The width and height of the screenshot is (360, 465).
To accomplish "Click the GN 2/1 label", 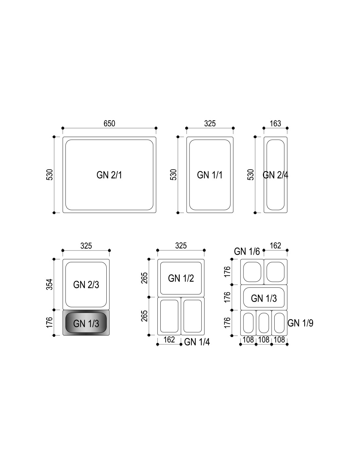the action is (x=109, y=175).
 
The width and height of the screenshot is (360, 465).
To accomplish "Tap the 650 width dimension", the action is (x=109, y=124).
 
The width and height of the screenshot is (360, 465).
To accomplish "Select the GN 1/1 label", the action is (x=210, y=175).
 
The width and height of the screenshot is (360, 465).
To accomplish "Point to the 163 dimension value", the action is (x=275, y=124).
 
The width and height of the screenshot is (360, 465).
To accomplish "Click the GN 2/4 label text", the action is (x=276, y=175).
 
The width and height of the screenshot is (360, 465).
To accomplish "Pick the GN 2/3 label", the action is (x=86, y=284).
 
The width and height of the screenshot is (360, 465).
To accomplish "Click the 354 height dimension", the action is (x=49, y=284).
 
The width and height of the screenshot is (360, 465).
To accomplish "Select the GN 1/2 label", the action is (x=181, y=278).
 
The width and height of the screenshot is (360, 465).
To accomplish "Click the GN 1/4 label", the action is (x=197, y=342).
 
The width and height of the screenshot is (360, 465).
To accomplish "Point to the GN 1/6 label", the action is (x=247, y=251).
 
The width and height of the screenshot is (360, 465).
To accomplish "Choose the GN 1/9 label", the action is (x=300, y=323).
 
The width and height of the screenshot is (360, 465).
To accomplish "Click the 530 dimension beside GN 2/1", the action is (x=49, y=175).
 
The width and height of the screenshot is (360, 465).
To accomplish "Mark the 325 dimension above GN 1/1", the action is (x=210, y=124).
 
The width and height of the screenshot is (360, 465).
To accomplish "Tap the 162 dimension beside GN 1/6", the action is (x=275, y=246).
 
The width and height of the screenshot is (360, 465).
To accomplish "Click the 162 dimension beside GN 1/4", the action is (x=169, y=340).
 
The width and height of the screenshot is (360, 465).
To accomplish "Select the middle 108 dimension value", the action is (x=264, y=340).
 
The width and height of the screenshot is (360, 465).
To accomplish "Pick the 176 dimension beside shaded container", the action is (x=49, y=322).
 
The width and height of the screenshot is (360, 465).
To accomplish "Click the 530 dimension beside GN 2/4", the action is (x=250, y=175).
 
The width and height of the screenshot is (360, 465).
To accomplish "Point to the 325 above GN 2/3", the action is (x=86, y=246).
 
